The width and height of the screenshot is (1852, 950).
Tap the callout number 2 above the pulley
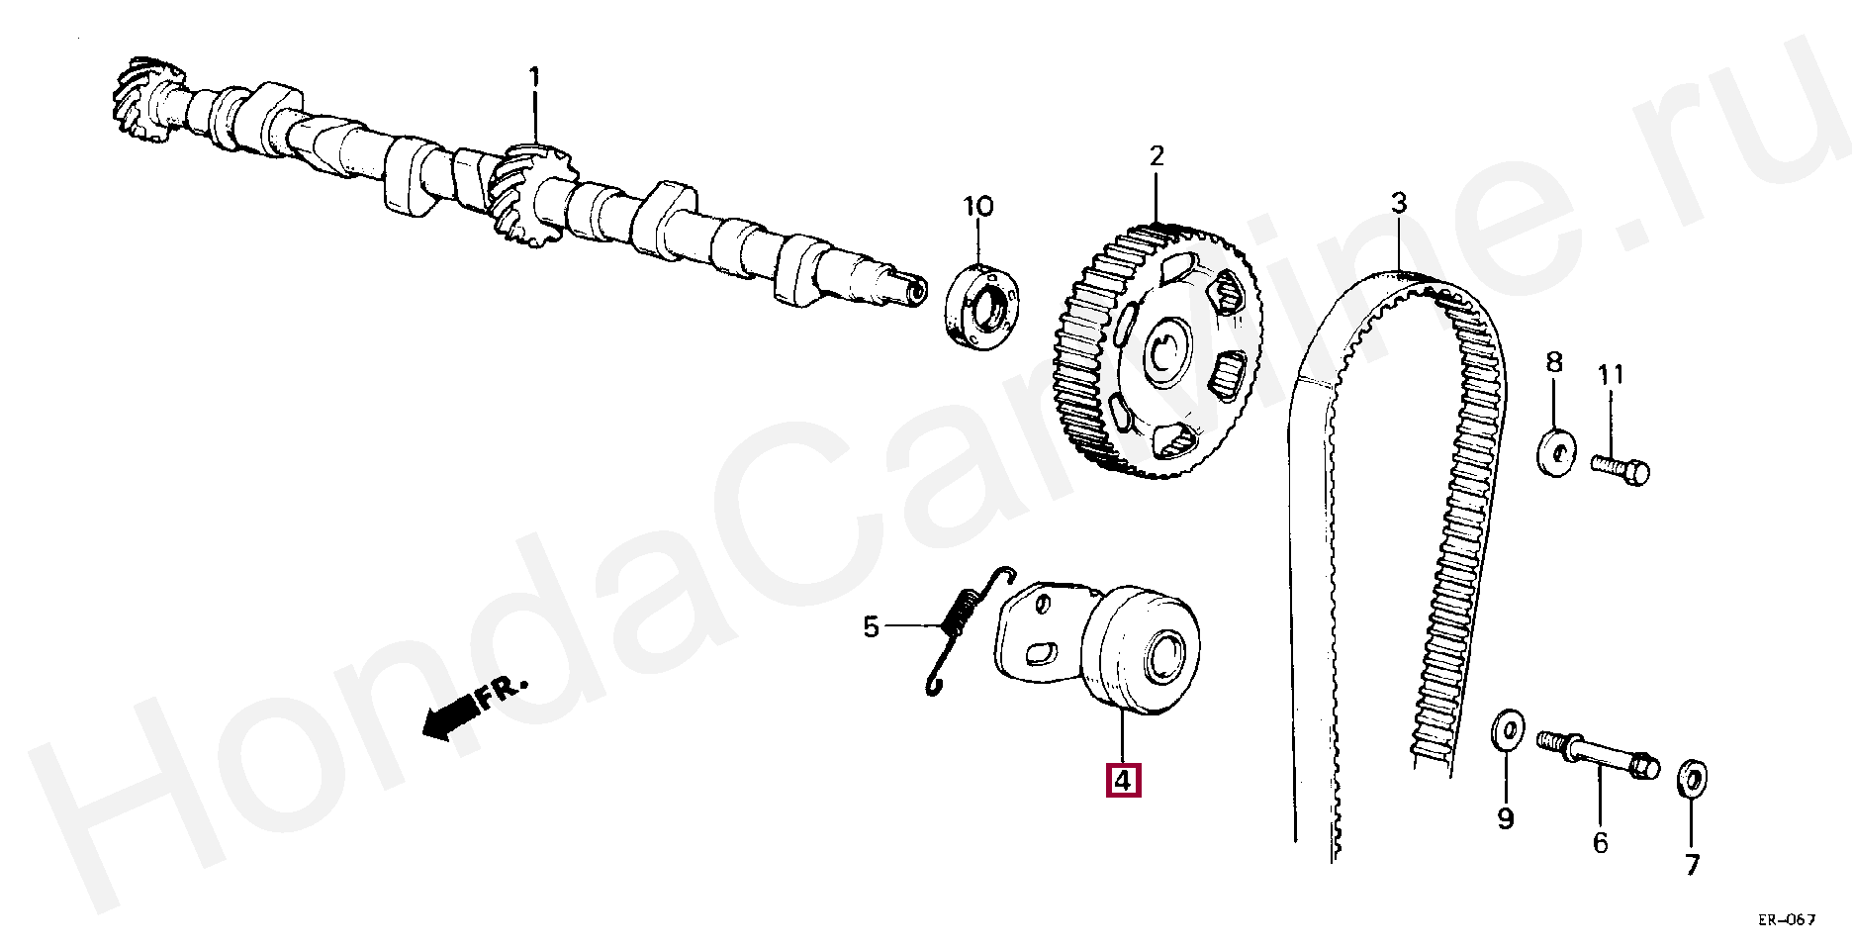pos(1157,156)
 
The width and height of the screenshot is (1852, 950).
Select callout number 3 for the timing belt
pos(1397,205)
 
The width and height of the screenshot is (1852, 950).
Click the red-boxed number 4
pos(1122,780)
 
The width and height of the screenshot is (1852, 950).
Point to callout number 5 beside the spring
pos(871,626)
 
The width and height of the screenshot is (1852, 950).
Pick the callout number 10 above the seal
pos(977,207)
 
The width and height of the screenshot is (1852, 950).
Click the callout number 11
pos(1611,376)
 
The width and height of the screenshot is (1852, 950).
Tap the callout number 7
pos(1692,864)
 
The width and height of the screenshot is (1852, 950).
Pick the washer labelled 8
pos(1556,452)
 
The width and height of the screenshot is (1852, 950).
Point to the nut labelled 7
pos(1691,779)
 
